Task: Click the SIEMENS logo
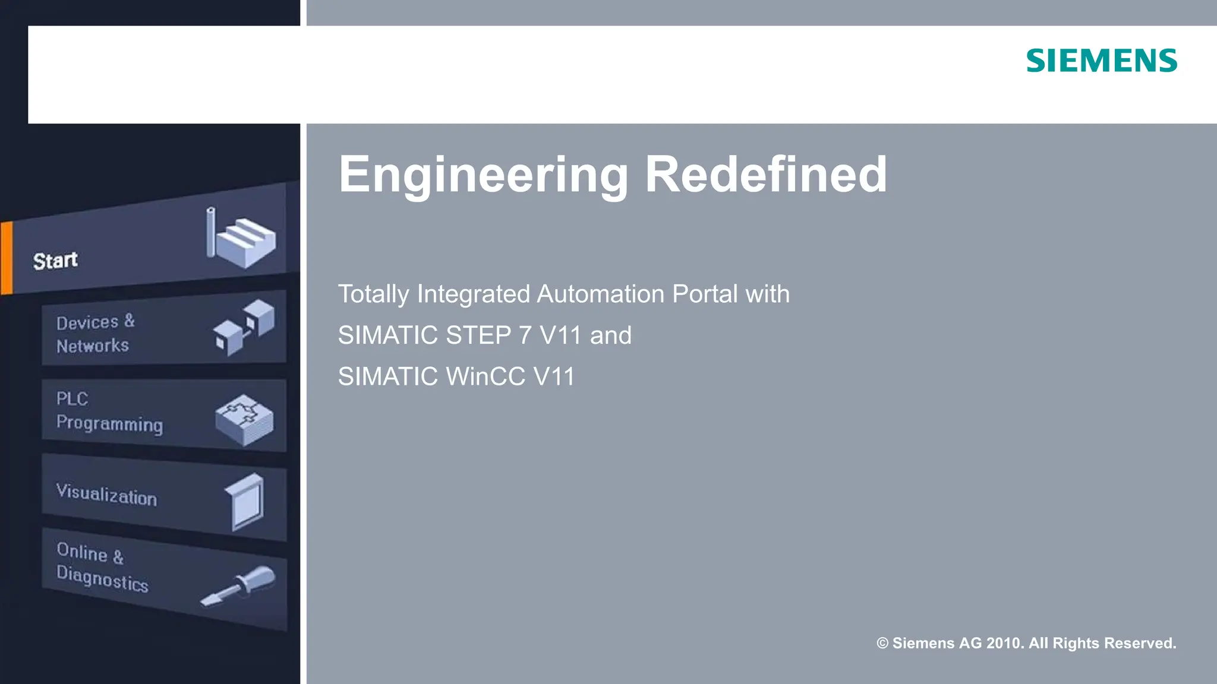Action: click(x=1101, y=61)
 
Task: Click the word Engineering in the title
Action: click(x=483, y=175)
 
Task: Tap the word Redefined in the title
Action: click(x=765, y=175)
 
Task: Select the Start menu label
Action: click(x=55, y=261)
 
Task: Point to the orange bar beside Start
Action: click(x=7, y=258)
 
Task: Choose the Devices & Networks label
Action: click(x=94, y=334)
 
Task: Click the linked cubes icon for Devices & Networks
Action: click(x=244, y=327)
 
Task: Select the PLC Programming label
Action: click(x=109, y=411)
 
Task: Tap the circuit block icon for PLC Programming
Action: click(x=244, y=419)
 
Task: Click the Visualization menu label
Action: click(x=106, y=495)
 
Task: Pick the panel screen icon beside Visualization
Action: click(x=245, y=502)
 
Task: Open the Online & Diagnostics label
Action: click(x=102, y=566)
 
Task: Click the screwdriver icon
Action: click(x=239, y=585)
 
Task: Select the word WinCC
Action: click(x=485, y=376)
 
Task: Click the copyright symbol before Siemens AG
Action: click(x=882, y=643)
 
